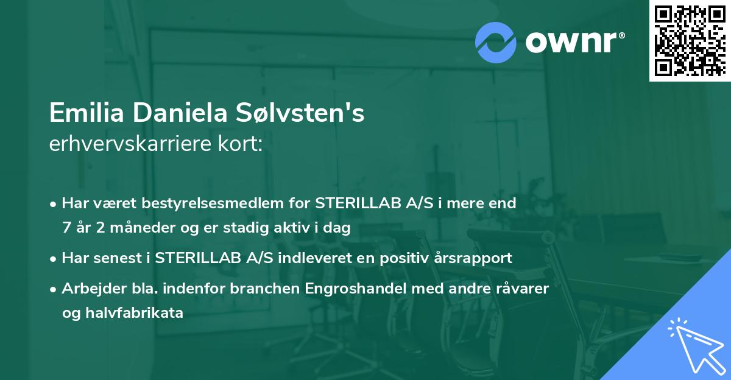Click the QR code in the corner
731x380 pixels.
(690, 41)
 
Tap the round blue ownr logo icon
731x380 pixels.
(496, 42)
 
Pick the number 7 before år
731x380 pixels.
(66, 227)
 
